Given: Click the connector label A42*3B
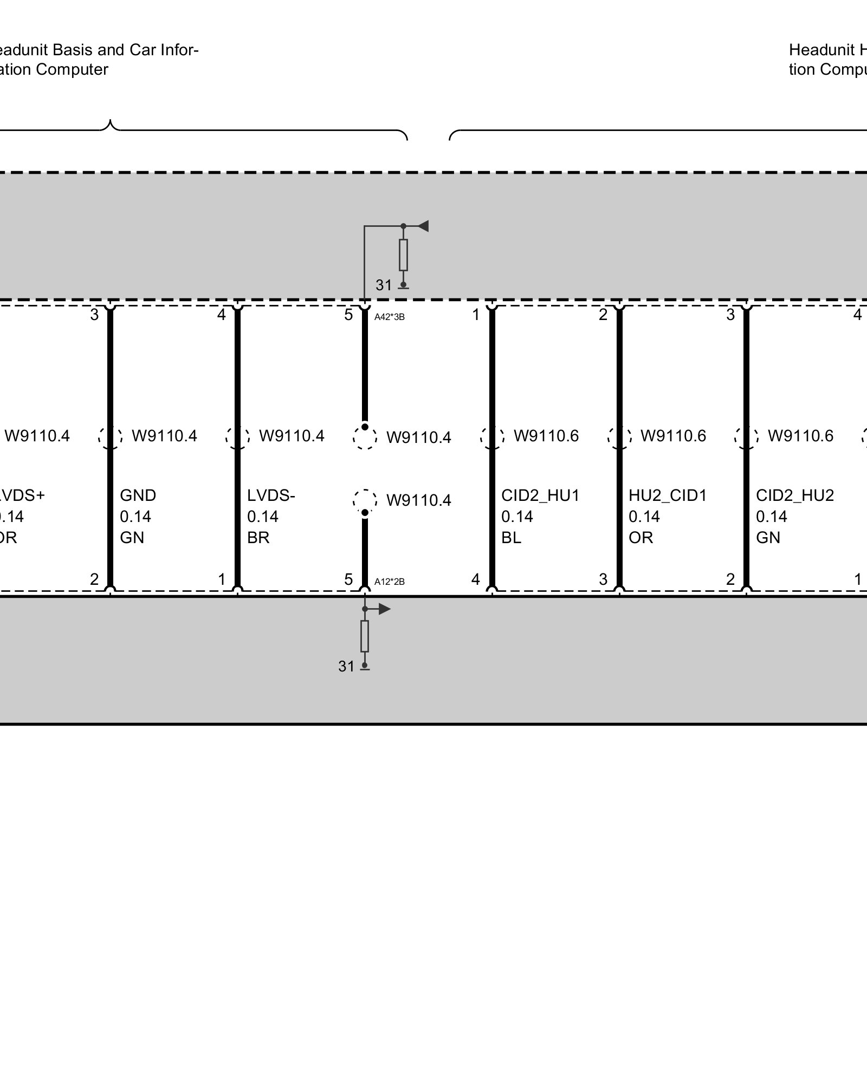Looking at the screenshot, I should coord(389,317).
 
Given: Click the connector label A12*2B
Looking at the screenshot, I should coord(389,582).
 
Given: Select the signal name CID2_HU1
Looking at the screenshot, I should coord(540,495).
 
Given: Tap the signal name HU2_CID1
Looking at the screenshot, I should coord(668,495).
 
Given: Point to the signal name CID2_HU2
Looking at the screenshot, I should coord(795,495).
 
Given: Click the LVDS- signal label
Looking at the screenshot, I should coord(271,495).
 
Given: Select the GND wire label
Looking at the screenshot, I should coord(138,495).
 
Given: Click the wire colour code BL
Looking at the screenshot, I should coord(511,538).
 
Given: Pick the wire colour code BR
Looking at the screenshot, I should coord(258,538).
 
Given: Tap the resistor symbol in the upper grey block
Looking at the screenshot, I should coord(403,255).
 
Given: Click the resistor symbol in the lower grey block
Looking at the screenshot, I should coord(365,636).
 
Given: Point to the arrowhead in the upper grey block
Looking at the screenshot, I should coord(423,226).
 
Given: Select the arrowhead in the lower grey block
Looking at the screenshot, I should coord(384,609).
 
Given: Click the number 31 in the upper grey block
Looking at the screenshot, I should coord(383,285).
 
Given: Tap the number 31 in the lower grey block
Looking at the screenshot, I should coord(346,667).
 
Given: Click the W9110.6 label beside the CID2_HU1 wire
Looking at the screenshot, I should coord(546,436).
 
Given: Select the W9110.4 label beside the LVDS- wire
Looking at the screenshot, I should coord(292,436).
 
